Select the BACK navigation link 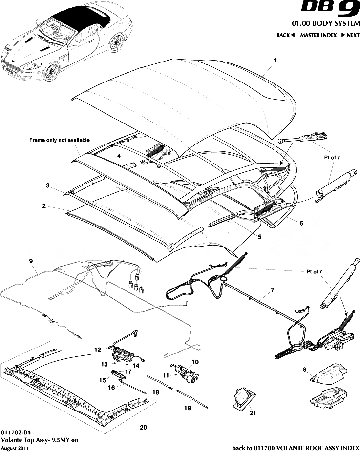click(x=286, y=35)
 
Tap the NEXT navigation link click(x=350, y=35)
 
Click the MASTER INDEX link click(x=318, y=35)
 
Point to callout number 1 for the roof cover click(x=275, y=61)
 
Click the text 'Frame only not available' click(x=60, y=140)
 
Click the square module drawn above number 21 click(x=242, y=394)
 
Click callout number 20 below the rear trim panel click(x=143, y=428)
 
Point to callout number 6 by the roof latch click(x=301, y=223)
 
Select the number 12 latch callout click(x=98, y=349)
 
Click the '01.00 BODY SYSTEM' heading click(x=326, y=24)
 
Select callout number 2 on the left click(x=44, y=206)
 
